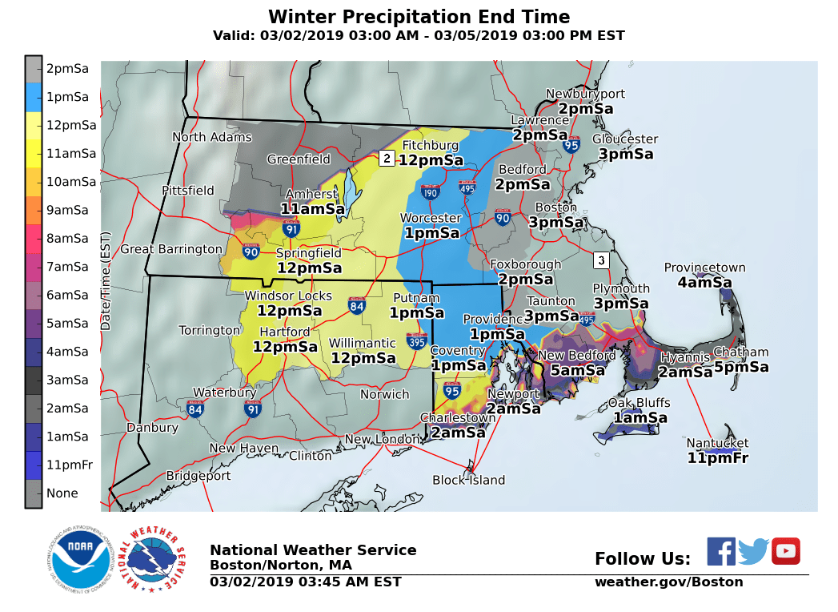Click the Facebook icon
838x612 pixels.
point(720,551)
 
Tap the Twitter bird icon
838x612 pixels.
point(753,551)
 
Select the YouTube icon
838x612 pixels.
point(785,551)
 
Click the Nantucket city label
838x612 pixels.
point(717,443)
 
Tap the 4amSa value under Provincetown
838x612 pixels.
point(704,283)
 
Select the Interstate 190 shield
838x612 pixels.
point(430,191)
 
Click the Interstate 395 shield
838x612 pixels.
point(416,340)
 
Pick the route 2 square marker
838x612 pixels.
point(386,158)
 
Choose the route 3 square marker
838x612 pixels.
point(601,260)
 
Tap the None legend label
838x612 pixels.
point(62,493)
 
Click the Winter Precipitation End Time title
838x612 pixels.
point(419,17)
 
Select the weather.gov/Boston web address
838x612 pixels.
point(668,582)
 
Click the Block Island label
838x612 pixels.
point(468,480)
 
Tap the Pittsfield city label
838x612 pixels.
point(188,191)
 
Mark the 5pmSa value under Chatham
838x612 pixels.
point(741,367)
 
